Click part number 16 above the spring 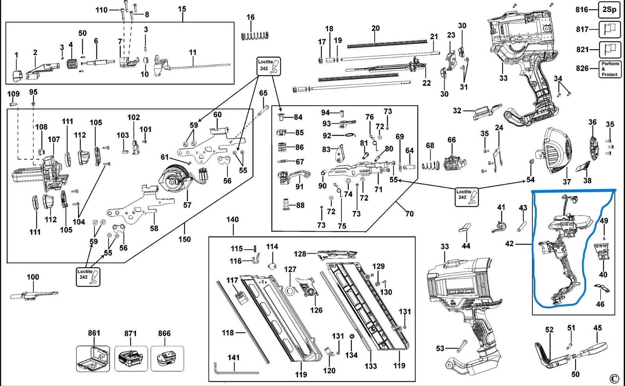click(250, 17)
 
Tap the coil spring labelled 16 click(255, 35)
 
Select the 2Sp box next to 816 click(609, 9)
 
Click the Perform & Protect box click(609, 69)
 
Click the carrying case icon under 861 click(93, 358)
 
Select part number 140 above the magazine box click(232, 220)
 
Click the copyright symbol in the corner click(614, 379)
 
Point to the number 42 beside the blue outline click(509, 244)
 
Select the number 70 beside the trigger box click(409, 214)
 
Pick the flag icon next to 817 click(609, 29)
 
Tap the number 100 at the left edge click(33, 277)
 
